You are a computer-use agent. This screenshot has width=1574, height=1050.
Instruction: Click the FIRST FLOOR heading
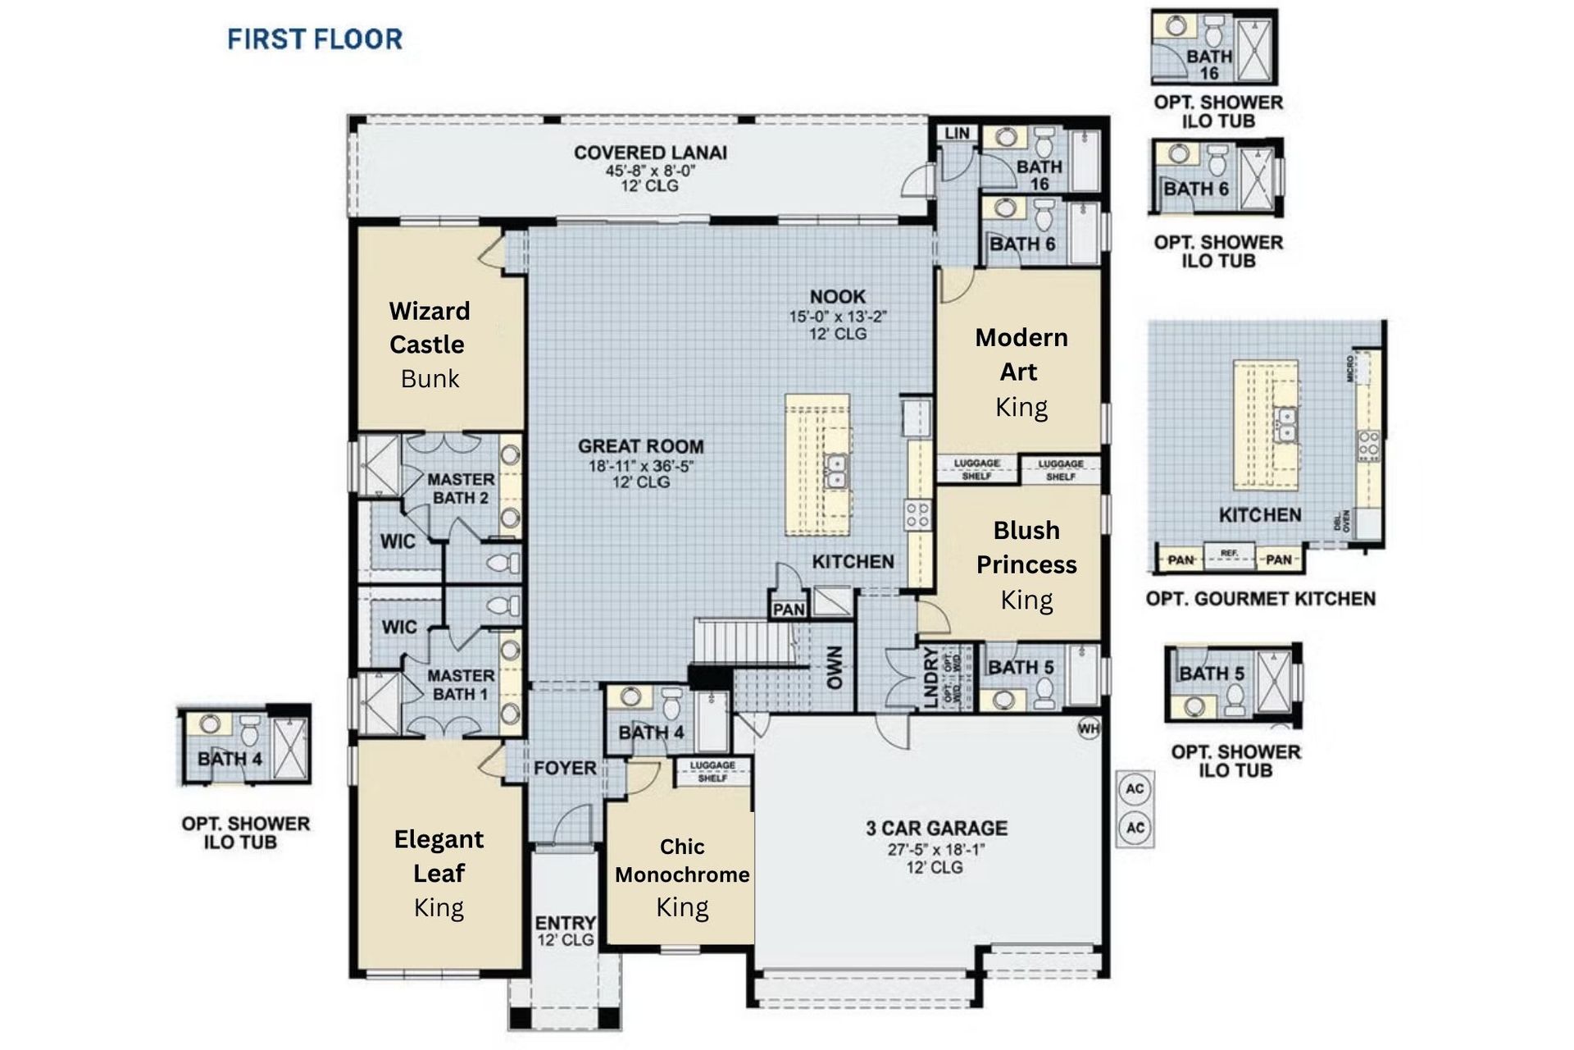(315, 39)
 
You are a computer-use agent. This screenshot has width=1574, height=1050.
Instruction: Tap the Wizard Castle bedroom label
(429, 327)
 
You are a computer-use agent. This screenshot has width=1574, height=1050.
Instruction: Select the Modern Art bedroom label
(1021, 354)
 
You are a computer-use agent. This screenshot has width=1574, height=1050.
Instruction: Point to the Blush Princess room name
(1026, 547)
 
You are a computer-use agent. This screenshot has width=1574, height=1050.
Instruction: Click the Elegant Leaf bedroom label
(439, 856)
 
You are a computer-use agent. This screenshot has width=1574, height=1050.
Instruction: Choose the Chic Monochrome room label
(682, 861)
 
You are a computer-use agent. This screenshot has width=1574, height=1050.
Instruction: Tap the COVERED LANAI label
(650, 153)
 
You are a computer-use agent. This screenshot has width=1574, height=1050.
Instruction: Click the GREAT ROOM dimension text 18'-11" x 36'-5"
(641, 466)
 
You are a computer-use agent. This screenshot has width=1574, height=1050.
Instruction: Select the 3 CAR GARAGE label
(936, 829)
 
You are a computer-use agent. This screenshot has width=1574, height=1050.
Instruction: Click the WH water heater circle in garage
(1088, 728)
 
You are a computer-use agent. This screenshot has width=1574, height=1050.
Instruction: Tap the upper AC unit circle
(1135, 789)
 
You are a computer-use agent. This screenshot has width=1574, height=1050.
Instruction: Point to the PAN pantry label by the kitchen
(789, 609)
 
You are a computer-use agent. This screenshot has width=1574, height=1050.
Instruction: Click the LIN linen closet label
(957, 133)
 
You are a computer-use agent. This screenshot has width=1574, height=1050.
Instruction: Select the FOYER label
(565, 769)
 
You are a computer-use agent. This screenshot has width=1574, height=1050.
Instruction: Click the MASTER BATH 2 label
(461, 488)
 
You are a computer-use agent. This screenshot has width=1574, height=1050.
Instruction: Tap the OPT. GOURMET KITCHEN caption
(1260, 599)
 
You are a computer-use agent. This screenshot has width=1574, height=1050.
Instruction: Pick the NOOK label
(837, 297)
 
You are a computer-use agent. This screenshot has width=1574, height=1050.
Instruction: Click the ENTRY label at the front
(565, 923)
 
